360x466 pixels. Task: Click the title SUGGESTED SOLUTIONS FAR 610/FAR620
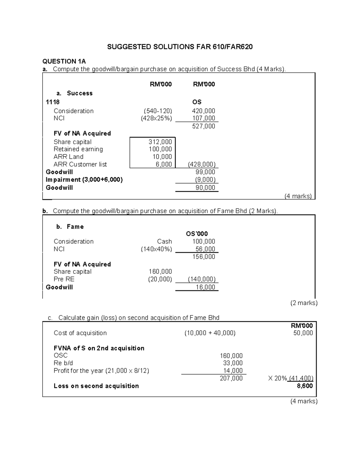(x=180, y=47)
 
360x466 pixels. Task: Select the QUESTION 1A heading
(x=64, y=62)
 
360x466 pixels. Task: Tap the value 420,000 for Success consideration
(x=203, y=111)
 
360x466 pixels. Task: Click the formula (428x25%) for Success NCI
(x=156, y=118)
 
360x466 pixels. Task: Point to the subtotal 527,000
(x=203, y=126)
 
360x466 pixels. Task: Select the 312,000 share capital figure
(x=160, y=142)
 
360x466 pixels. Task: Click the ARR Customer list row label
(x=80, y=164)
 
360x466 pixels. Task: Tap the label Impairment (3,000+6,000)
(x=84, y=180)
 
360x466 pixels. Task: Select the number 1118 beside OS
(x=52, y=102)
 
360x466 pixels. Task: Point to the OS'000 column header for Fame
(x=197, y=234)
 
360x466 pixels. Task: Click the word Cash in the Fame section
(x=164, y=242)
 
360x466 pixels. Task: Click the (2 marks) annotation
(x=304, y=303)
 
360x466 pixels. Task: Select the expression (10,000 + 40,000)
(x=210, y=333)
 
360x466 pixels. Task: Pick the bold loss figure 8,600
(x=304, y=386)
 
